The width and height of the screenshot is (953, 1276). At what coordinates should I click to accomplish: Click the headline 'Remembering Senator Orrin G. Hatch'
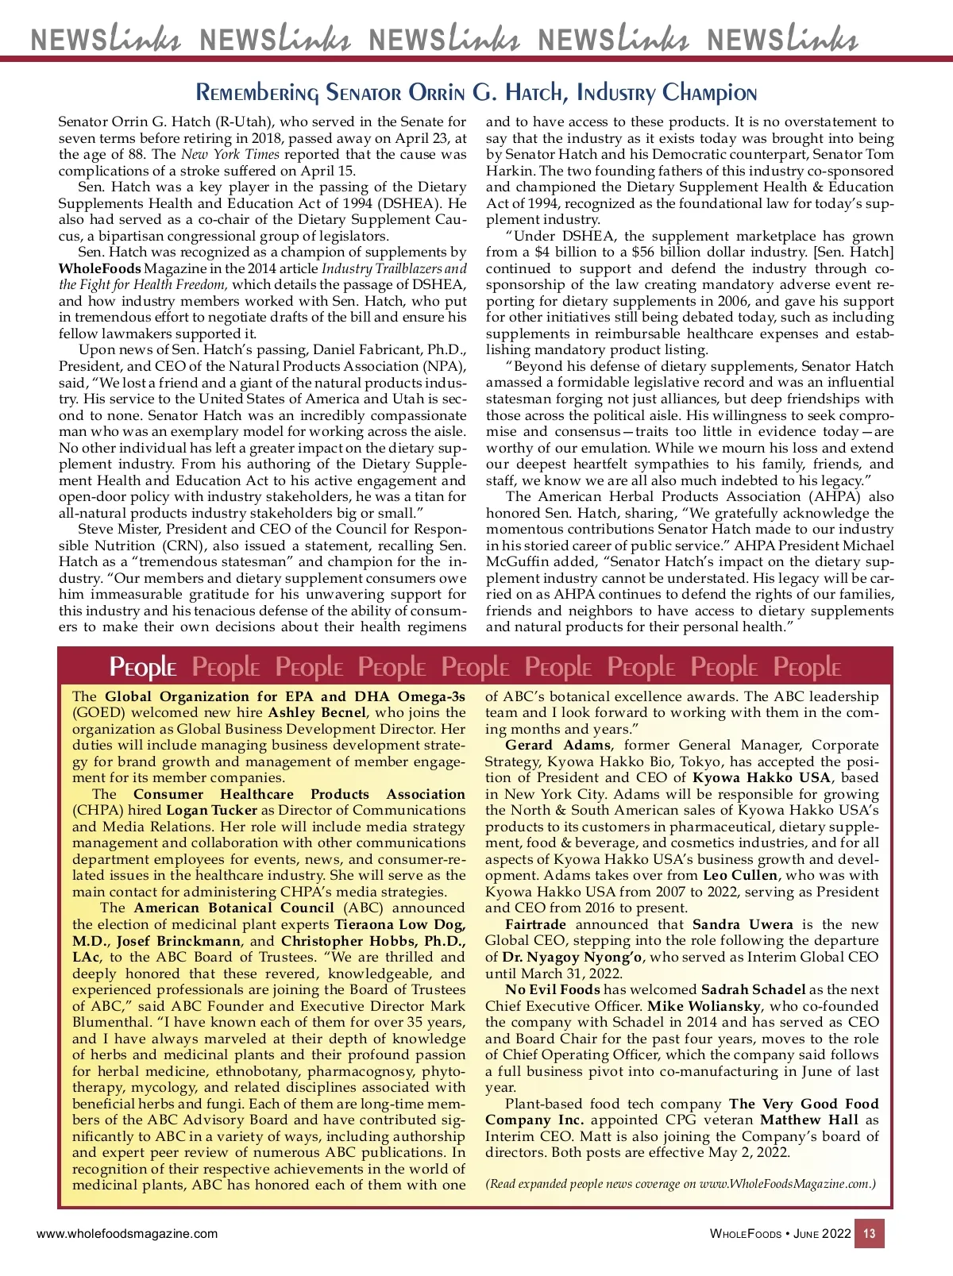click(x=476, y=93)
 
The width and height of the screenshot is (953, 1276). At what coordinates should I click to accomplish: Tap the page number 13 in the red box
click(x=870, y=1234)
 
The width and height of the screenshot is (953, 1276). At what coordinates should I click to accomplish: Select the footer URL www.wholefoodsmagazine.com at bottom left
click(x=127, y=1234)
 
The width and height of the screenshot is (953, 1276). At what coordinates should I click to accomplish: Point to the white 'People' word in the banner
click(x=143, y=668)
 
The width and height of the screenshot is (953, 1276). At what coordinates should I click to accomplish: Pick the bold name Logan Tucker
click(x=211, y=810)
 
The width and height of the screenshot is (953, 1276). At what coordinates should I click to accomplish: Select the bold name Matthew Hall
click(x=809, y=1120)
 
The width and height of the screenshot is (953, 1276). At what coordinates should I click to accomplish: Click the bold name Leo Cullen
click(x=740, y=875)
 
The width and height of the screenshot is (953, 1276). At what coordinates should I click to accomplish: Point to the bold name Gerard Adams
click(x=558, y=745)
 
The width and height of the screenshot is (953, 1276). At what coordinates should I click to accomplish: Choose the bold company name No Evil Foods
click(x=552, y=989)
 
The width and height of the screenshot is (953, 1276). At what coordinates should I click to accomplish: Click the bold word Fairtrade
click(x=535, y=924)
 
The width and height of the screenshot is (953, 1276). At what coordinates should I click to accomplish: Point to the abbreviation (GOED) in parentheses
click(x=97, y=712)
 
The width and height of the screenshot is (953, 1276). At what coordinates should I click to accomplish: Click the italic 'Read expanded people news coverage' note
click(x=680, y=1184)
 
